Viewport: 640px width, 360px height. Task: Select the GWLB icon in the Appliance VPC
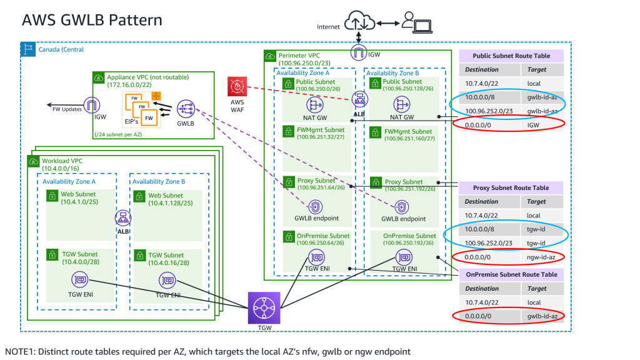tap(186, 108)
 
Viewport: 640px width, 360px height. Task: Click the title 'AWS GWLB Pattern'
tap(92, 19)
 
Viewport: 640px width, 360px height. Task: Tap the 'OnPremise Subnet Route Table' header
tap(511, 274)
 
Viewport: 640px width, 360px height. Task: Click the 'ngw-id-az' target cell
tap(542, 257)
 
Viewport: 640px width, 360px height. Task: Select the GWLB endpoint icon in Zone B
tap(403, 206)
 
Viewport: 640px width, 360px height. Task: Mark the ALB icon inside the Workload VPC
tap(122, 218)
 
